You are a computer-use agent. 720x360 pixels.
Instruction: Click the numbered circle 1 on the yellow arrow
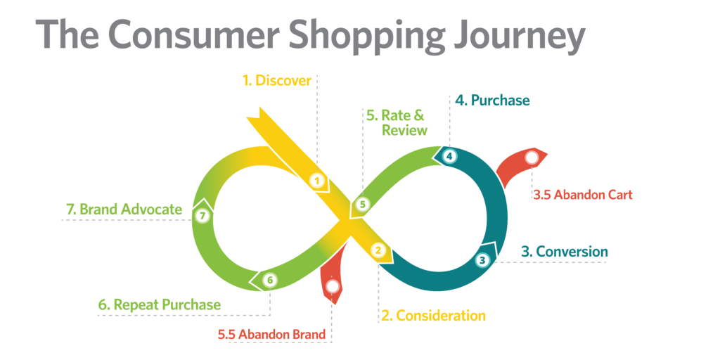[316, 181]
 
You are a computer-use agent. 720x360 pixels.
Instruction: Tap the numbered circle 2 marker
[378, 250]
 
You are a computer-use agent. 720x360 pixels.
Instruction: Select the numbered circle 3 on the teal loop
[482, 260]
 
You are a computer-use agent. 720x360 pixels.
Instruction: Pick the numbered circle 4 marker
[449, 156]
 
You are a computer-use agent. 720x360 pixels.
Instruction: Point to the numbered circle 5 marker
[362, 205]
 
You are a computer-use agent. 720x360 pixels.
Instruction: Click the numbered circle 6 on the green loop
[270, 279]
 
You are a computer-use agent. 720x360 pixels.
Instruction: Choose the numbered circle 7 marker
[202, 215]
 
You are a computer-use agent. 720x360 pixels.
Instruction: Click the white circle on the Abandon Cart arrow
[532, 157]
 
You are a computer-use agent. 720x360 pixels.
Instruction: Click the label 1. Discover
[277, 80]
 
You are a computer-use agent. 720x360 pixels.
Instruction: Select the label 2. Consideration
[433, 316]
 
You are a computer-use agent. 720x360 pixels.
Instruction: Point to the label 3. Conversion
[565, 252]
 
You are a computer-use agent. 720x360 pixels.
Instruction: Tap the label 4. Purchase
[492, 100]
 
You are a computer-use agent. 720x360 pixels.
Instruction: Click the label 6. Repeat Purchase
[160, 305]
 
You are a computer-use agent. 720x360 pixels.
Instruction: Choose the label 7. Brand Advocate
[124, 210]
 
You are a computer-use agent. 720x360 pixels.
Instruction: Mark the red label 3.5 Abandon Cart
[583, 195]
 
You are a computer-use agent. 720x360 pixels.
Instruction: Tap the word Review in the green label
[404, 130]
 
